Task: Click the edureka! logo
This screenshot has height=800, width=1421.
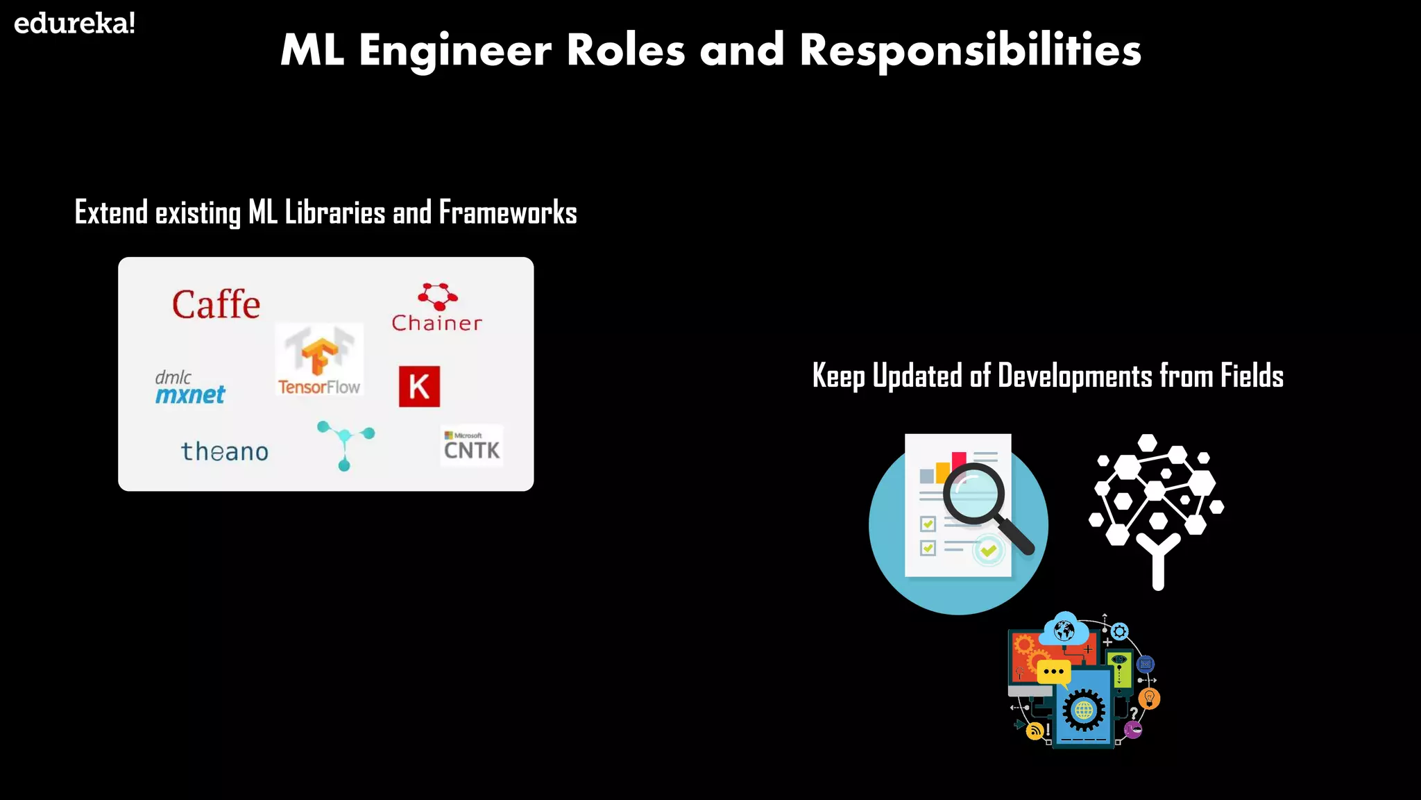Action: tap(74, 24)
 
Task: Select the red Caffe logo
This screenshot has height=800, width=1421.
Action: tap(216, 305)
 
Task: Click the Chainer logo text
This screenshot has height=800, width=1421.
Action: tap(436, 323)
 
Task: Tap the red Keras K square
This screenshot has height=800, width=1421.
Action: tap(419, 386)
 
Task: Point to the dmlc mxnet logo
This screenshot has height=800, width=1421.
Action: tap(189, 387)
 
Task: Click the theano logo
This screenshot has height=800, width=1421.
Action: tap(224, 451)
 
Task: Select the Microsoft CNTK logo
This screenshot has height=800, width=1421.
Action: tap(472, 446)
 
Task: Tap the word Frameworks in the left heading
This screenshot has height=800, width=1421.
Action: tap(507, 212)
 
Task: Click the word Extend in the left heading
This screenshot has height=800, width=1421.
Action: tap(111, 212)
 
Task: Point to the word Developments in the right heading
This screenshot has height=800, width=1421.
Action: tap(1075, 376)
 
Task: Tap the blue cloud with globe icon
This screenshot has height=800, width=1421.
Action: tap(1064, 629)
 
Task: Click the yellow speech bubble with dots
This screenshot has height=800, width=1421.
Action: tap(1053, 672)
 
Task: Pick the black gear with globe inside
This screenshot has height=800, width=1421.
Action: tap(1083, 710)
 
